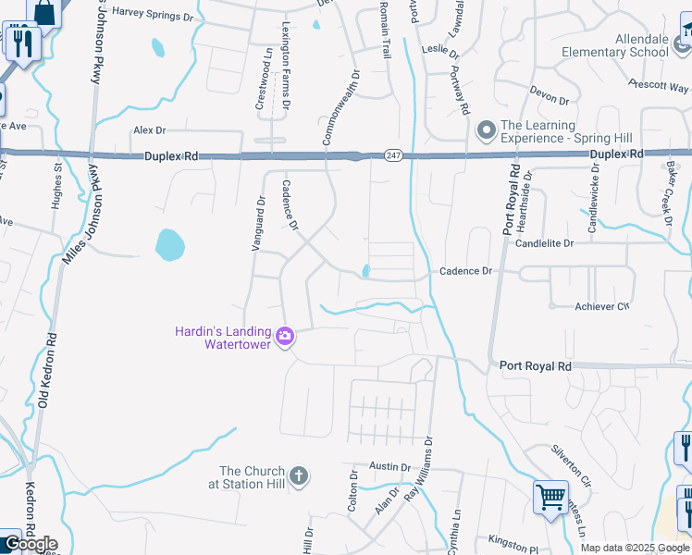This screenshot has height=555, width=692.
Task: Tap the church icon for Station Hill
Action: click(x=298, y=476)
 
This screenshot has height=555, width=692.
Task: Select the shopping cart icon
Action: click(x=550, y=497)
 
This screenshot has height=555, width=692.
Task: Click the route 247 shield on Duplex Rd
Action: click(x=393, y=156)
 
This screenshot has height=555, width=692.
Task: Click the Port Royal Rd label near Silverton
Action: click(x=536, y=366)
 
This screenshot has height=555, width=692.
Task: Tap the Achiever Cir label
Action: click(x=601, y=306)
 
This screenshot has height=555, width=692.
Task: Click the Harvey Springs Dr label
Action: click(x=153, y=18)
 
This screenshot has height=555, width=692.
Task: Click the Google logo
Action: click(x=30, y=544)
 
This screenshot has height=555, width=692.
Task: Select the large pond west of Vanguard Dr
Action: click(x=169, y=245)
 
